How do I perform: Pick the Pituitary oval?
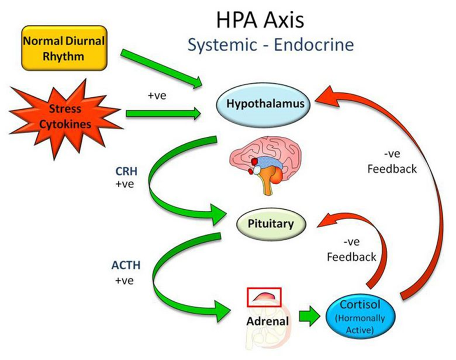[271, 224]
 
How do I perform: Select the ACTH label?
[126, 265]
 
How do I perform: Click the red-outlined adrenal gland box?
[264, 297]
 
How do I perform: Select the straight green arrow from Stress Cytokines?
[163, 113]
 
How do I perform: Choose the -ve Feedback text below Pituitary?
[351, 250]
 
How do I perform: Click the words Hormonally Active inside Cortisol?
[362, 324]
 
